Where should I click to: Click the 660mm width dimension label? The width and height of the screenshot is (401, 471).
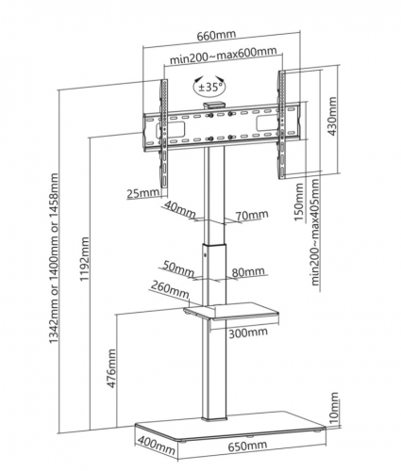[x=216, y=35]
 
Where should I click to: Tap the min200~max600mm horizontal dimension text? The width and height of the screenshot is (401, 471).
[x=224, y=56]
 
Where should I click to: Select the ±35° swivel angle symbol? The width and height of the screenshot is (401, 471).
[x=210, y=86]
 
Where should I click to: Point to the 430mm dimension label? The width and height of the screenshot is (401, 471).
[x=332, y=116]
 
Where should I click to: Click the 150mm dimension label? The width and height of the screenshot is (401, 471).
[x=299, y=202]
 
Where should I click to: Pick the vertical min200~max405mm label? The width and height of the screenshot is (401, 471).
[x=315, y=232]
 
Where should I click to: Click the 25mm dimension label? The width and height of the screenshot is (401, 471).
[x=143, y=193]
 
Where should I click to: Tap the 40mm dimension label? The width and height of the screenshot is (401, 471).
[x=180, y=209]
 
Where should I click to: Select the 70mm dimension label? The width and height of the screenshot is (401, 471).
[x=252, y=215]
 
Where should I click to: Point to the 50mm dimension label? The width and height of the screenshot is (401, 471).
[x=178, y=269]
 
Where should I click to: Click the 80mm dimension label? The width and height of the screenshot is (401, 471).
[x=248, y=271]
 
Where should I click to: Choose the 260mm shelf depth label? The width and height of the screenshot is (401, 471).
[x=170, y=290]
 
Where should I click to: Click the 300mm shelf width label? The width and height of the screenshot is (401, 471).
[x=248, y=333]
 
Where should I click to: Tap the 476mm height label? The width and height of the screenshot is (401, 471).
[x=111, y=368]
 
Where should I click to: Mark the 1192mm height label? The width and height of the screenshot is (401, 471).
[x=84, y=259]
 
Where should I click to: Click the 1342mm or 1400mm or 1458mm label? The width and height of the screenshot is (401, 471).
[x=54, y=258]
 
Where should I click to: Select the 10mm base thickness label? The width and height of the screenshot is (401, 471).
[x=334, y=407]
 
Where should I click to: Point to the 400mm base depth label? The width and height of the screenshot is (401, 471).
[x=156, y=445]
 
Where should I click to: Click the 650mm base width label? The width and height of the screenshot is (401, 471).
[x=248, y=446]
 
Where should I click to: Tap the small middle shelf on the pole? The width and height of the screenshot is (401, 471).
[x=231, y=313]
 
